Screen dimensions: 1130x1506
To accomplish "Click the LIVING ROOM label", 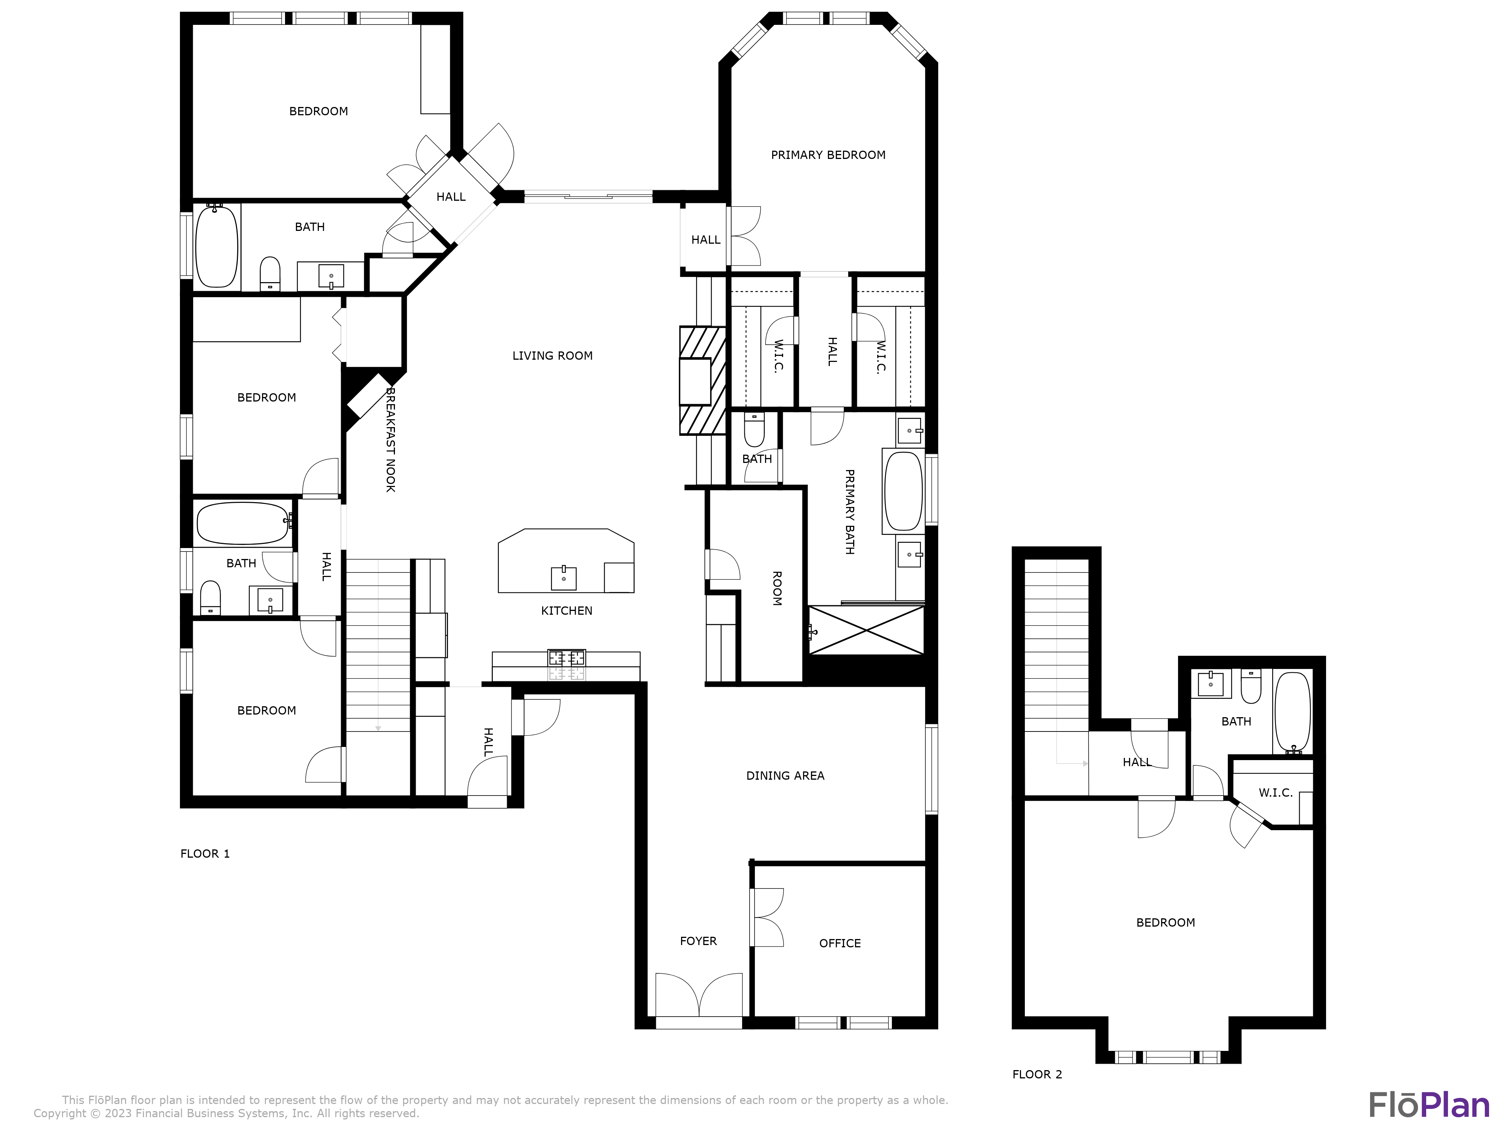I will point(552,356).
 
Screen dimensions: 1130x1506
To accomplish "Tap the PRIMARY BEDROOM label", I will point(828,155).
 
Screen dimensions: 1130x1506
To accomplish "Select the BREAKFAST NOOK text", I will point(390,439).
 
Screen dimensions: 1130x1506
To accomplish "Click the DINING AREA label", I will point(785,776).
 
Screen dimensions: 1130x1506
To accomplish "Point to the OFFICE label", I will point(840,944).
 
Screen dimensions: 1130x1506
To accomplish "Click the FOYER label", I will point(698,941).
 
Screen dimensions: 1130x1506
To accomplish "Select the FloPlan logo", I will point(1429,1105).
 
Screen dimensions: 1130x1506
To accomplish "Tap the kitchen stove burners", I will point(567,658).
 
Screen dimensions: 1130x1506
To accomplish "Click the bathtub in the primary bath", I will point(903,490).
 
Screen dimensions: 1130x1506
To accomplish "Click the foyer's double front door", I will point(698,998).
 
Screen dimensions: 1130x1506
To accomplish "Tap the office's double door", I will point(767,918).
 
